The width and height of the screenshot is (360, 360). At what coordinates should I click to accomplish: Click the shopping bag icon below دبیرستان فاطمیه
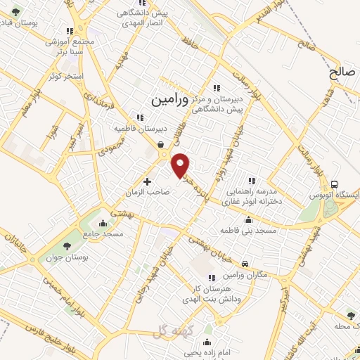pos(162,141)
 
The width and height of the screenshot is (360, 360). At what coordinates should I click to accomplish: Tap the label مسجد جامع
pos(103,233)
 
